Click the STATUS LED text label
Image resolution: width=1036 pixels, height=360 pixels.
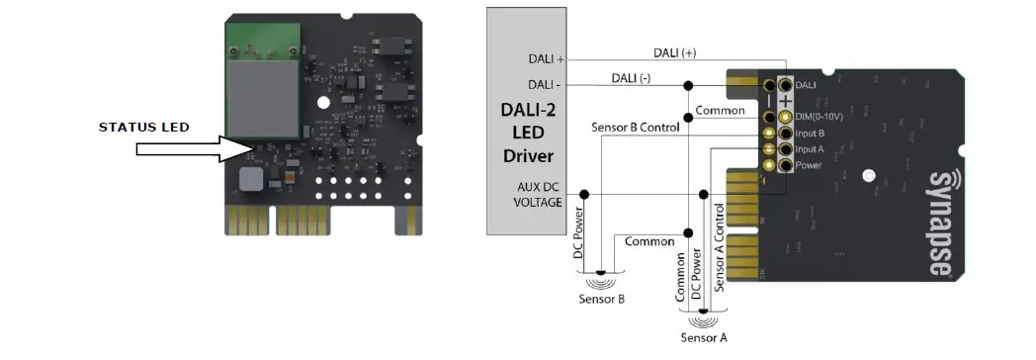coord(143,128)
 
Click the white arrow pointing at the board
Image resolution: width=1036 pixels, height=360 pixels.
coord(189,148)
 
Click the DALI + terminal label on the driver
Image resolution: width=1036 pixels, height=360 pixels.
coord(546,58)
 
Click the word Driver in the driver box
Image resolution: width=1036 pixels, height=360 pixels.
coord(529,156)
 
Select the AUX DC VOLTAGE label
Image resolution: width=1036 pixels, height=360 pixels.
coord(539,194)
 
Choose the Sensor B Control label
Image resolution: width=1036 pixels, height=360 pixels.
coord(634,128)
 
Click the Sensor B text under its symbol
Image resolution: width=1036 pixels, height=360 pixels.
coord(602,299)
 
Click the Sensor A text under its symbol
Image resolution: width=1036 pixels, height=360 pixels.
coord(704,338)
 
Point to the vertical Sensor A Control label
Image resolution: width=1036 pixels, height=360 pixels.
coord(720,248)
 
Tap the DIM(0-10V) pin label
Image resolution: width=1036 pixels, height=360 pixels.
coord(820,117)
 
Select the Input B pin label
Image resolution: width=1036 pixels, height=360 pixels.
coord(810,133)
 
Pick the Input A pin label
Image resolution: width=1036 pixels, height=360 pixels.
coord(810,148)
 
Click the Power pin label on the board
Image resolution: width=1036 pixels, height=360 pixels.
coord(808,165)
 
